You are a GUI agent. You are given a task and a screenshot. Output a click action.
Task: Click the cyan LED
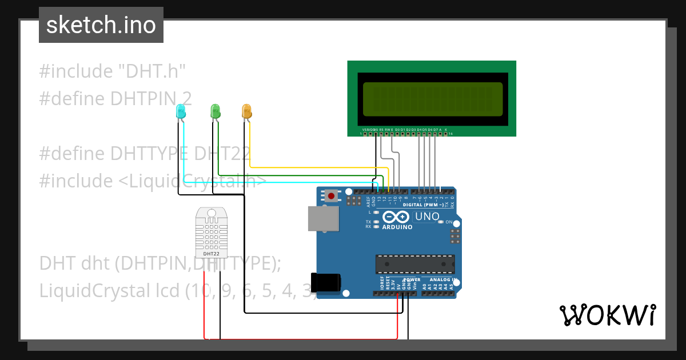point(181,112)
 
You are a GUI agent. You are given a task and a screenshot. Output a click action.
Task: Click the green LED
point(216,111)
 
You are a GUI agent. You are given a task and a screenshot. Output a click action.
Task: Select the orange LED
point(247,111)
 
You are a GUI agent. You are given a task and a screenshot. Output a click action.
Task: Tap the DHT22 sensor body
point(211,232)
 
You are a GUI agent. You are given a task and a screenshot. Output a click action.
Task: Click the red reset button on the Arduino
point(331,195)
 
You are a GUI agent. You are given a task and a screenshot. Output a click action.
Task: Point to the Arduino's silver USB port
point(322,219)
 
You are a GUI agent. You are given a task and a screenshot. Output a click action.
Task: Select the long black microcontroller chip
point(415,265)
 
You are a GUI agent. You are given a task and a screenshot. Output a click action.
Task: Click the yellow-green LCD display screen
point(432,98)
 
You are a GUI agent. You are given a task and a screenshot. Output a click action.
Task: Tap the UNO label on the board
point(426,217)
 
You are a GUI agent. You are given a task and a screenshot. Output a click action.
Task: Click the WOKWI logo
point(607,315)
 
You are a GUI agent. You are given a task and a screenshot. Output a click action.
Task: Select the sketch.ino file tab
point(101,25)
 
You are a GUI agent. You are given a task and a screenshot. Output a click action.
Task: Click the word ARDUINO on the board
point(397,227)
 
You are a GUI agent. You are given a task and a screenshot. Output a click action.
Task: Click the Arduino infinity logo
point(396,217)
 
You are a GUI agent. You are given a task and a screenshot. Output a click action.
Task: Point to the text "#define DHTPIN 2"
point(115,98)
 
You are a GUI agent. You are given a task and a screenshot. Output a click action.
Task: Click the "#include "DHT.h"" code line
point(113,71)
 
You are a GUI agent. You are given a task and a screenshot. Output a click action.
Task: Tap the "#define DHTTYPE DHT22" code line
point(145,153)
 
